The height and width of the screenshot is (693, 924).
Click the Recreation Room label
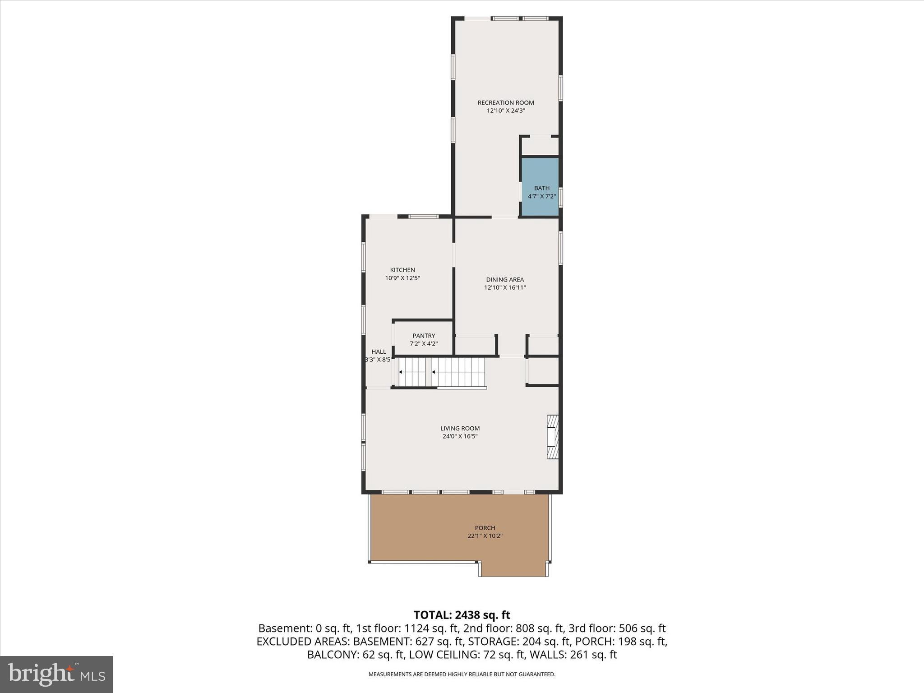(506, 102)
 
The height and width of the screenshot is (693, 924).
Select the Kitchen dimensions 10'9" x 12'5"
(402, 278)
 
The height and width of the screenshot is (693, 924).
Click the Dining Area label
(505, 279)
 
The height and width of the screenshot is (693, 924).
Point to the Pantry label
(424, 336)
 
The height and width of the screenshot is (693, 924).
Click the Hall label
(379, 351)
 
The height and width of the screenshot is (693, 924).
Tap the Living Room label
(460, 428)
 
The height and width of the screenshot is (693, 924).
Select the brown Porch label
(485, 528)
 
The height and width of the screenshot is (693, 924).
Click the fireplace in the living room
(553, 437)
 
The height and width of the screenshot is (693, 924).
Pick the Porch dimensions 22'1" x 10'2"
(485, 536)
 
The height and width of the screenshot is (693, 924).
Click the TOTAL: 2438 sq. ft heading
(462, 615)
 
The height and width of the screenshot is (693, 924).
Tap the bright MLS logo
(56, 674)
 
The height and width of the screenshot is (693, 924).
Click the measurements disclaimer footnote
(462, 675)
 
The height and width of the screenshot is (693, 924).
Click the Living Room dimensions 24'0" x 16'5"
(460, 436)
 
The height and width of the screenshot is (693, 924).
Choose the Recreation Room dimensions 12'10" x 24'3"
(506, 111)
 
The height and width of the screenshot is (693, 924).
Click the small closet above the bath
(540, 146)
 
